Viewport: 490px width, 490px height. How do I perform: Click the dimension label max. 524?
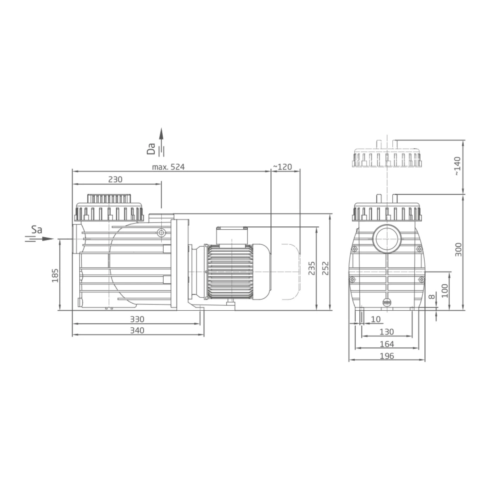pyautogui.click(x=168, y=167)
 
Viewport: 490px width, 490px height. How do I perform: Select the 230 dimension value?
pyautogui.click(x=115, y=179)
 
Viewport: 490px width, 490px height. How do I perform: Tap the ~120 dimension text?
pyautogui.click(x=282, y=167)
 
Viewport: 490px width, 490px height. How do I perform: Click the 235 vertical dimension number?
pyautogui.click(x=312, y=268)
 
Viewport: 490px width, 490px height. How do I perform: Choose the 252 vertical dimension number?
pyautogui.click(x=326, y=268)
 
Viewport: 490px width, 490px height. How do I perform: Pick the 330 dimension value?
pyautogui.click(x=137, y=319)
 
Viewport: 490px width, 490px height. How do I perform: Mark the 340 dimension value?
pyautogui.click(x=137, y=331)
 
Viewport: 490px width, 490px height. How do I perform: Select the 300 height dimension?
pyautogui.click(x=458, y=250)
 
